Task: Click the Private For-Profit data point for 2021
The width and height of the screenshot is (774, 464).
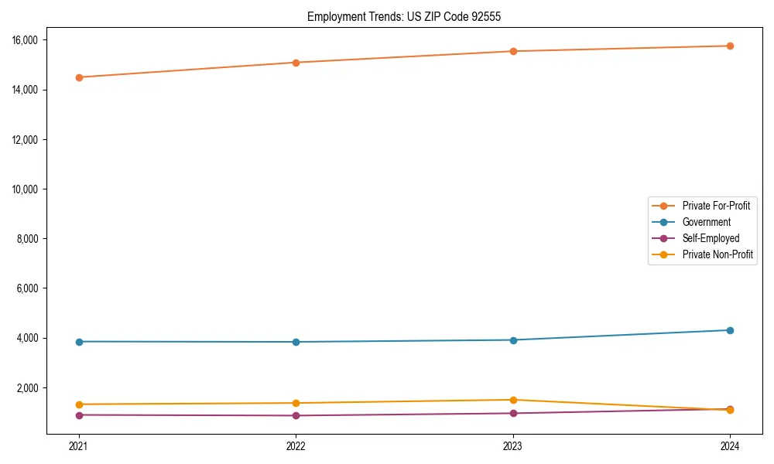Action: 79,77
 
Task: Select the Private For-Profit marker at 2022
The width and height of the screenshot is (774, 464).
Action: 296,63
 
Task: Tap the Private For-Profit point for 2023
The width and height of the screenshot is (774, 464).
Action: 513,51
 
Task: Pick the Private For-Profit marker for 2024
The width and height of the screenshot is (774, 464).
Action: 730,46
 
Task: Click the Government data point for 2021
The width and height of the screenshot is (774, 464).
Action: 79,342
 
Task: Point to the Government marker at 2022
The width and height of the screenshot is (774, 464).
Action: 296,342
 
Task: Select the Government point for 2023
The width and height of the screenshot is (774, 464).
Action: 513,340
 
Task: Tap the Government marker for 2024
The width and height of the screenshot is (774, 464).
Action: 730,330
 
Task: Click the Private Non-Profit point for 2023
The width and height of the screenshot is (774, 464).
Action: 513,400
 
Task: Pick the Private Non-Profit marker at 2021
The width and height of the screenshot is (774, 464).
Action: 79,404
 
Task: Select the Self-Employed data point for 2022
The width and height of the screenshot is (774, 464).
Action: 296,415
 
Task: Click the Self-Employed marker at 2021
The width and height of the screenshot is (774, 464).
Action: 79,415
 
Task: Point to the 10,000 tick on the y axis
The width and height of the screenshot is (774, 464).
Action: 35,189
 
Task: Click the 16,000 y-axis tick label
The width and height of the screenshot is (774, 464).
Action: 35,40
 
